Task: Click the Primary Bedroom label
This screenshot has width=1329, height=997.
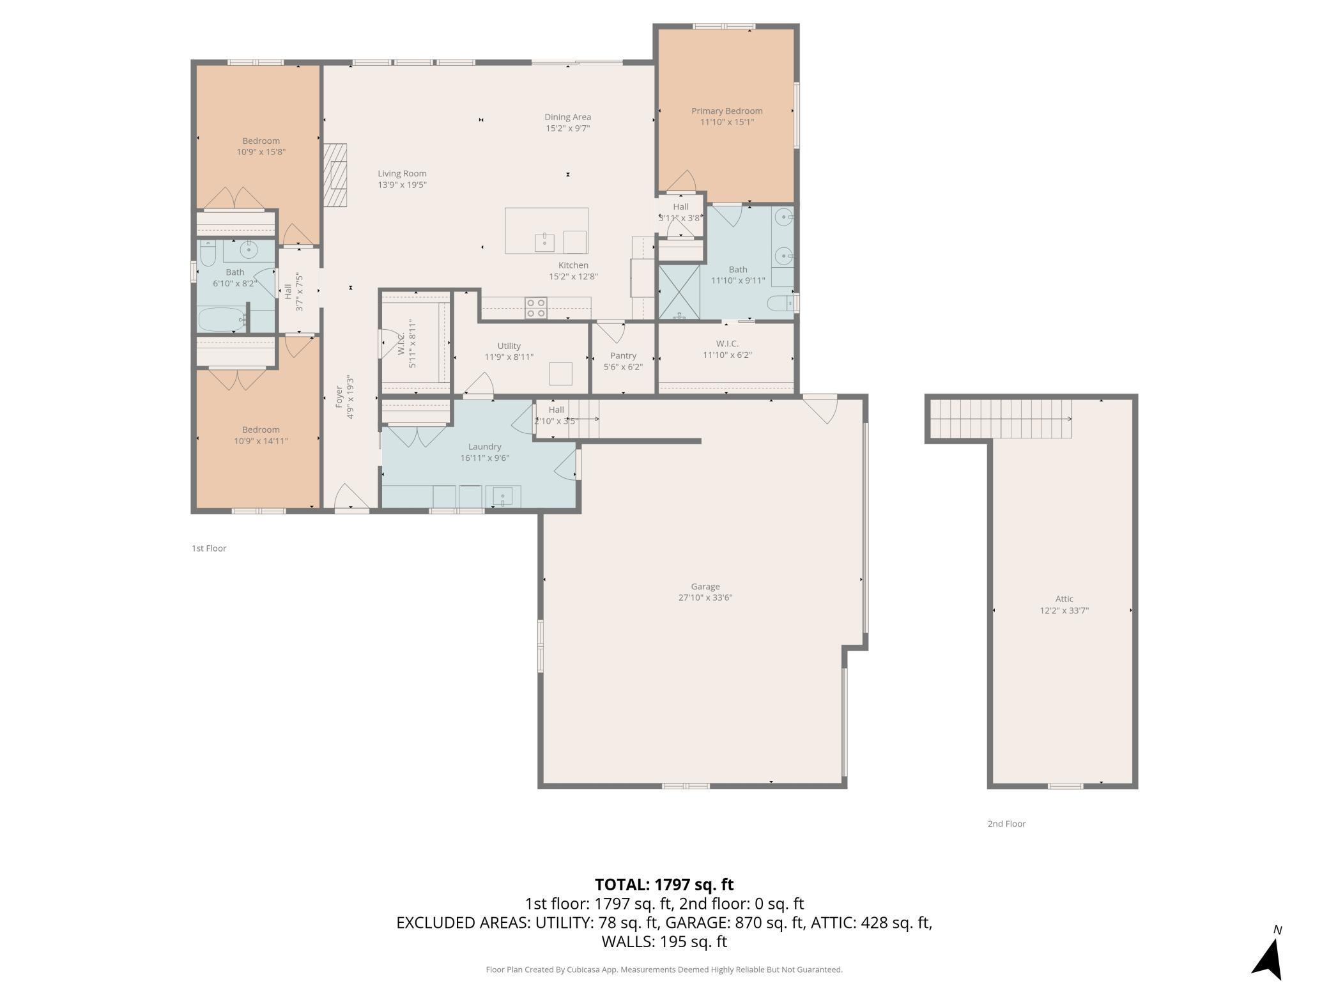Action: point(726,111)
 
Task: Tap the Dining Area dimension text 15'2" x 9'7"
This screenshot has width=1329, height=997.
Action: point(567,128)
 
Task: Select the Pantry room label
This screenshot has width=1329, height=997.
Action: point(623,356)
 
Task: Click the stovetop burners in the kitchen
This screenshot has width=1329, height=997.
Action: point(536,308)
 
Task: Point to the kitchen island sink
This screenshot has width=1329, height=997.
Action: point(544,242)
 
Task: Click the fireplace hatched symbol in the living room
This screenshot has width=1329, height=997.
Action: point(334,175)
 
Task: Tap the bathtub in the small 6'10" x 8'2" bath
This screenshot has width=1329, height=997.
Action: point(222,319)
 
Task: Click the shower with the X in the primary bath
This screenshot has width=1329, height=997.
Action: point(679,291)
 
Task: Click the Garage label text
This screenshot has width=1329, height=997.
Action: point(705,587)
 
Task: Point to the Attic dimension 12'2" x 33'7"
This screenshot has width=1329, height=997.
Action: point(1064,610)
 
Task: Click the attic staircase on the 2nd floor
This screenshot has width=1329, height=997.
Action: point(1000,419)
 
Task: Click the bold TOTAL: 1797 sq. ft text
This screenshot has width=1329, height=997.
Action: point(664,885)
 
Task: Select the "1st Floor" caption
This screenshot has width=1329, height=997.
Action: point(209,548)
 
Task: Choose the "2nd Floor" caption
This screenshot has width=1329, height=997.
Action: point(1006,824)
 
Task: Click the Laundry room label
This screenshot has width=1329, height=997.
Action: point(484,447)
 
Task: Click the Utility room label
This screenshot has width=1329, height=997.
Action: point(509,346)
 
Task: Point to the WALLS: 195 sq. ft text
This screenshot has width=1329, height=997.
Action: point(664,941)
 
